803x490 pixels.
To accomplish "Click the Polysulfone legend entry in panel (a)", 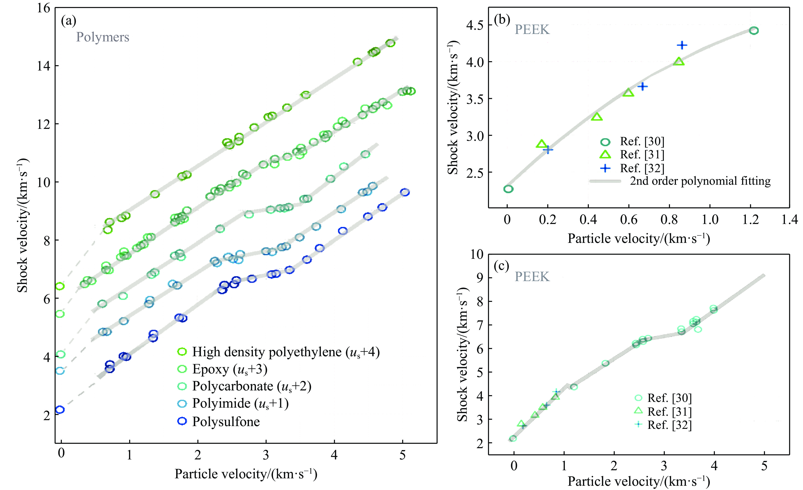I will (x=226, y=422).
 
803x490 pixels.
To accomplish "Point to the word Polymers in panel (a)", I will (x=103, y=37).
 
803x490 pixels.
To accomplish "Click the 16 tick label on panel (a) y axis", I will (x=43, y=8).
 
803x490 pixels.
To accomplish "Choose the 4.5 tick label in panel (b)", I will (x=475, y=25).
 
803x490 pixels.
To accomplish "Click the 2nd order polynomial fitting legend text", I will (x=700, y=181).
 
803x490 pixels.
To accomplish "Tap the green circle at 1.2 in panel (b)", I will (x=754, y=31).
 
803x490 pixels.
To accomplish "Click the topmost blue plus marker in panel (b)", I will (x=682, y=45).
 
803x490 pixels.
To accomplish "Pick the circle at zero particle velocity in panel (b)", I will (x=508, y=189).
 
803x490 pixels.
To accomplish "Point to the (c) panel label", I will (x=501, y=266).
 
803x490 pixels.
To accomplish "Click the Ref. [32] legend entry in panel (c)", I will (x=669, y=425).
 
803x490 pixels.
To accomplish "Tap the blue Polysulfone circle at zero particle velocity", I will (x=60, y=410).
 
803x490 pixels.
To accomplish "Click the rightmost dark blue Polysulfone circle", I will (x=405, y=192).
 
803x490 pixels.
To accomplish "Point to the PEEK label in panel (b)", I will (x=532, y=30).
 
